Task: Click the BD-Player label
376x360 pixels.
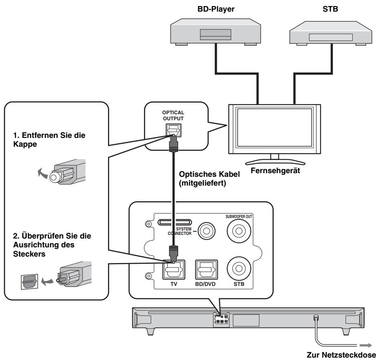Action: (216, 9)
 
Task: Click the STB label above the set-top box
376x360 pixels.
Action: (330, 9)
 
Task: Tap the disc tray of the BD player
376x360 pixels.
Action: (215, 34)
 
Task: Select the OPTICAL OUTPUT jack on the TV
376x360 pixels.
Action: (173, 130)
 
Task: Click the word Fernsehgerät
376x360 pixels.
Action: (275, 170)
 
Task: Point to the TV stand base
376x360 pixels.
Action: (275, 162)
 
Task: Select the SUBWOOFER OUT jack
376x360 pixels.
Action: (239, 231)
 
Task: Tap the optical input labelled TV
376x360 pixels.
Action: (174, 270)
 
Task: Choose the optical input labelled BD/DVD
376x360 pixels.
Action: (207, 270)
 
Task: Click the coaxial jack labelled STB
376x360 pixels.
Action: (239, 268)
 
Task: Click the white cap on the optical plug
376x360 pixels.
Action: (54, 178)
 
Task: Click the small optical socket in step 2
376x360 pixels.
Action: (29, 281)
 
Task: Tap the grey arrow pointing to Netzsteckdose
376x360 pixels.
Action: (366, 345)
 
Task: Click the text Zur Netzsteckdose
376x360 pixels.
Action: (341, 355)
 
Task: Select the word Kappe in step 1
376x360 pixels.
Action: (25, 144)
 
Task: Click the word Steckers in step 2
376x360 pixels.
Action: (29, 254)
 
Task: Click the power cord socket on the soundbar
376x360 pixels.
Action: (316, 318)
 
